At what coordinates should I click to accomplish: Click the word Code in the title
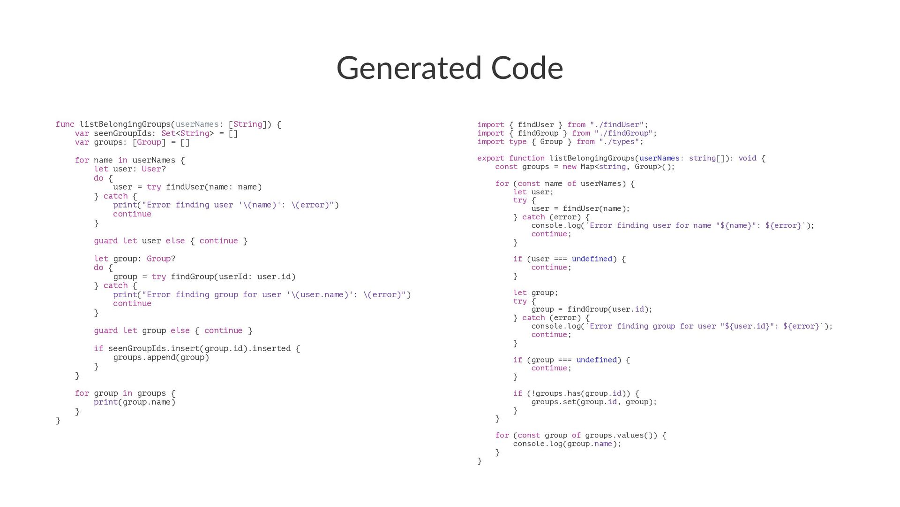[x=527, y=68]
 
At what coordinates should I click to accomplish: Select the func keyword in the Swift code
[x=65, y=124]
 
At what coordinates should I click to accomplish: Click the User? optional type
[x=154, y=169]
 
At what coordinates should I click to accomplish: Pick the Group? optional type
[x=161, y=259]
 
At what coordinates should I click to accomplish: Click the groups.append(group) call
[x=161, y=357]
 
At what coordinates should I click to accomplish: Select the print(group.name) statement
[x=135, y=402]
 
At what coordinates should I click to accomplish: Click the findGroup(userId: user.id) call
[x=233, y=277]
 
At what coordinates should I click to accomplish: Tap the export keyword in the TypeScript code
[x=491, y=159]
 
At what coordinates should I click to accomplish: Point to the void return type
[x=747, y=159]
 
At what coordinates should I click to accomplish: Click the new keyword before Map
[x=569, y=167]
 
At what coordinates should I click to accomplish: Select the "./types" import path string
[x=621, y=142]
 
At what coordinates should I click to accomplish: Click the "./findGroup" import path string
[x=625, y=133]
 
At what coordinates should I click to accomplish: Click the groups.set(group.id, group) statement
[x=593, y=402]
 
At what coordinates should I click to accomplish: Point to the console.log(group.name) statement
[x=567, y=444]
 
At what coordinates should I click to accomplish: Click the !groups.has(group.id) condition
[x=578, y=393]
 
